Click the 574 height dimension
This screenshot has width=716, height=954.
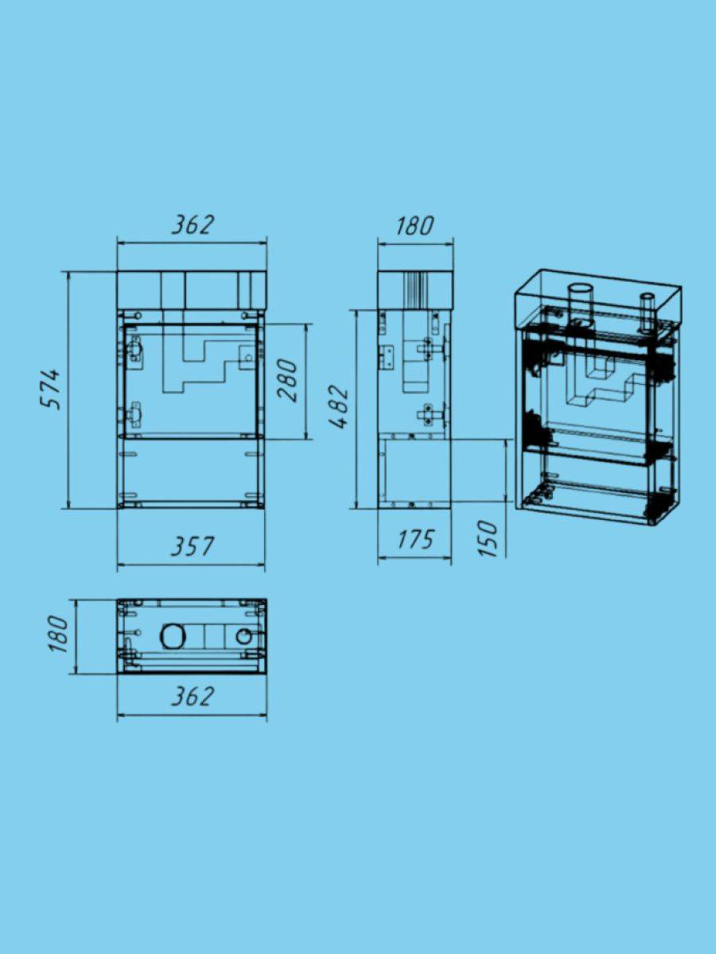(51, 388)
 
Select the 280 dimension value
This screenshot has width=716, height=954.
(288, 381)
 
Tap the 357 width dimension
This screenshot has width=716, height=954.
(192, 547)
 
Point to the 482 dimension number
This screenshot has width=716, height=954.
(340, 406)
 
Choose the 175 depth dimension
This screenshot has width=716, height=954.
(414, 539)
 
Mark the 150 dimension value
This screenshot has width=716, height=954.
(490, 539)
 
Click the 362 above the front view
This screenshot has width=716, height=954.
(193, 225)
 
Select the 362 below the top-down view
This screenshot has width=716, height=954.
(193, 697)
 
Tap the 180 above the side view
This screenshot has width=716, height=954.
(414, 226)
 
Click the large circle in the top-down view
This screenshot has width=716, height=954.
(173, 635)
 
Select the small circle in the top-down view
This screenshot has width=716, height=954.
(243, 635)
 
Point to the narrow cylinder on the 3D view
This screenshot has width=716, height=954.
(648, 312)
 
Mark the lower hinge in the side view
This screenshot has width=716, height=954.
(429, 413)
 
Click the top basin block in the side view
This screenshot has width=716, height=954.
(414, 290)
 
